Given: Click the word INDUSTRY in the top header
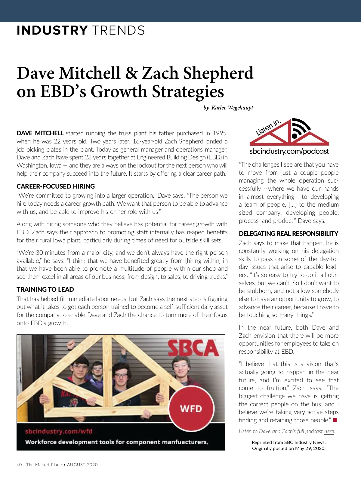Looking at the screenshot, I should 52,31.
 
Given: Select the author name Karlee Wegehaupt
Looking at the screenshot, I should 232,108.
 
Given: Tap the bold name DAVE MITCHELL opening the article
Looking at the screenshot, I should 40,133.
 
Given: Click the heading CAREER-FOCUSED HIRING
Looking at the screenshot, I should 56,186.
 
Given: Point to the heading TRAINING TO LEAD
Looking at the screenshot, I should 45,289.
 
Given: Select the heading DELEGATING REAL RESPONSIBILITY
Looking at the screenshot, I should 288,233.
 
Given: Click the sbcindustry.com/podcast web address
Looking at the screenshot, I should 289,151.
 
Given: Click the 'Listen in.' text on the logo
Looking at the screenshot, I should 268,128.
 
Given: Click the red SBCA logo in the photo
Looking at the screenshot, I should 193,348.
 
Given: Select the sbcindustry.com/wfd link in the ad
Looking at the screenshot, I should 59,431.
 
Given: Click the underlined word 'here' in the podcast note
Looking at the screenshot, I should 329,431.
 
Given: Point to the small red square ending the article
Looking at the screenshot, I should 335,420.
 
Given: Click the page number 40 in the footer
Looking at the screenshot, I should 19,465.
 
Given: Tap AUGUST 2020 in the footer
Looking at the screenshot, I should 82,465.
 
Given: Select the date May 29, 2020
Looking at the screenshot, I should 310,448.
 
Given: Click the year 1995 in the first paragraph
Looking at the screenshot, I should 220,133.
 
